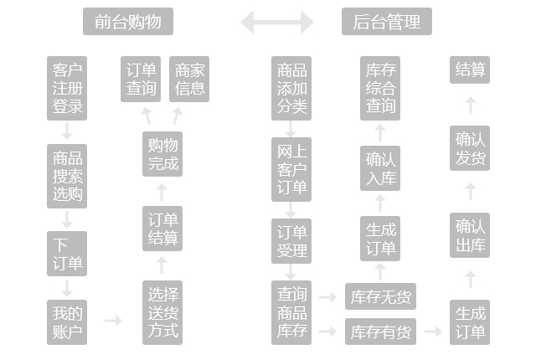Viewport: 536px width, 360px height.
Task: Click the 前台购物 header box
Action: click(128, 22)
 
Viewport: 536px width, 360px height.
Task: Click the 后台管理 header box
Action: click(387, 22)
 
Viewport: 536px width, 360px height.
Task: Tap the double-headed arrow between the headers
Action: click(277, 22)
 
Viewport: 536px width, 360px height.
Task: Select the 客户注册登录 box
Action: click(68, 88)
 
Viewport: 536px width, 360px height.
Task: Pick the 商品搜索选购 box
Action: click(68, 177)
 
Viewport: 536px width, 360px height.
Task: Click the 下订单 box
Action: click(68, 255)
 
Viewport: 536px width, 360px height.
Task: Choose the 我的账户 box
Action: click(68, 321)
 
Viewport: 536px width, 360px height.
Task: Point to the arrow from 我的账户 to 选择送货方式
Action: click(112, 321)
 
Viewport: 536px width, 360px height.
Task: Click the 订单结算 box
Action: click(162, 229)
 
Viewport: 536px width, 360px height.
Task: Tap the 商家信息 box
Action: click(190, 80)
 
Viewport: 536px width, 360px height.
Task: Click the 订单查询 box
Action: click(141, 80)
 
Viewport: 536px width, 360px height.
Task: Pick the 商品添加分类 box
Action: click(291, 88)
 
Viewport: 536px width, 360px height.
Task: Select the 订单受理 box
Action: click(291, 241)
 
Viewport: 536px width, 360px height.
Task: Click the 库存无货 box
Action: click(381, 296)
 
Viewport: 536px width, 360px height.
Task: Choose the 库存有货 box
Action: click(381, 332)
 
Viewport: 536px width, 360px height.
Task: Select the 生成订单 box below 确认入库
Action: click(381, 239)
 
